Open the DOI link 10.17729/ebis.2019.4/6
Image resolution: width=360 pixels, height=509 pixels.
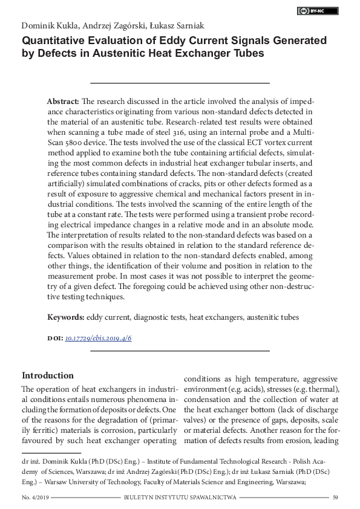tap(98, 338)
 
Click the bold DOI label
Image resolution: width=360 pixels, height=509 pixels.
tap(54, 338)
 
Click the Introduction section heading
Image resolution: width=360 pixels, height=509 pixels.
tap(48, 375)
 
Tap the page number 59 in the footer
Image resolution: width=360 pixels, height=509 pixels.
tap(335, 498)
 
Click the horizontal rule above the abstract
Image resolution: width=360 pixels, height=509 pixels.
tap(180, 82)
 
